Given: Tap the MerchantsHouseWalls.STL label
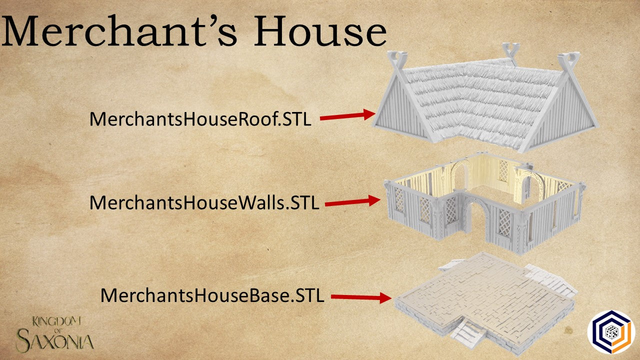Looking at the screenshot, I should click(204, 203).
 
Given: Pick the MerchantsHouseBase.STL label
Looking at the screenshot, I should click(212, 295).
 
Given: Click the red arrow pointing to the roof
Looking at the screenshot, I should click(347, 116).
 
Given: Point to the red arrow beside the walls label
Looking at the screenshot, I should click(352, 201).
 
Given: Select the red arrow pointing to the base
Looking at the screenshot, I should click(360, 297).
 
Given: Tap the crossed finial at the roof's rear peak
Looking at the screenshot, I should click(509, 50).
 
